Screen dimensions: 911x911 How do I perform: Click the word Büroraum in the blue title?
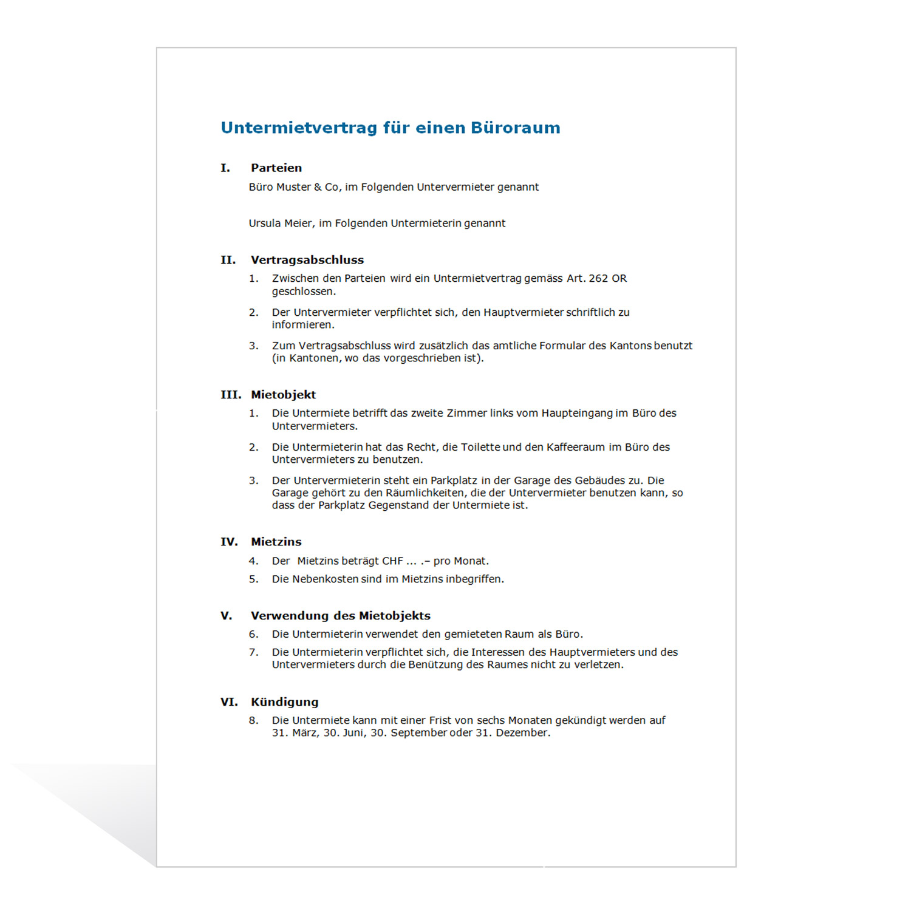point(515,128)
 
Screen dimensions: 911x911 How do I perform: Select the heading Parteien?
point(276,168)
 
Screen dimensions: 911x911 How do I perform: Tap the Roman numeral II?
point(228,260)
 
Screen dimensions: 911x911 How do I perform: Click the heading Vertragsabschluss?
point(307,260)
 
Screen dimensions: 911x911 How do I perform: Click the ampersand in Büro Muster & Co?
point(318,188)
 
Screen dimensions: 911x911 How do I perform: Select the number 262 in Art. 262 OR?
point(598,279)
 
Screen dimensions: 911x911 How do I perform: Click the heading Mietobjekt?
point(284,395)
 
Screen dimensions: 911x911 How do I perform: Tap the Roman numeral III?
point(231,395)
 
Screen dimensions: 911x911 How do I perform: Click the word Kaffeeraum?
point(576,448)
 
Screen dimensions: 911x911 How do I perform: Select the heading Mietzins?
point(276,542)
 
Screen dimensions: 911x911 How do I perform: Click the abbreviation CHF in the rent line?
point(392,561)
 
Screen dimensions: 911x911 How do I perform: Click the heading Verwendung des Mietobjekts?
point(341,616)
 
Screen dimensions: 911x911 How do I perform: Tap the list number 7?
point(253,652)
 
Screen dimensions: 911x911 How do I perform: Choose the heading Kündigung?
point(285,702)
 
